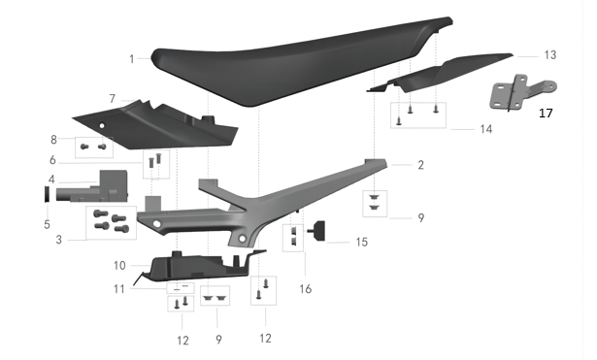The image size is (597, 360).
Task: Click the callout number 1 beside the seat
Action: point(131,59)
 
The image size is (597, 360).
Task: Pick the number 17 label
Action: point(546,114)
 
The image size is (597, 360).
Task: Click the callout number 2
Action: point(420,166)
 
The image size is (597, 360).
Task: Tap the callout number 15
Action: point(361,241)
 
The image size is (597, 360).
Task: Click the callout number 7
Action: point(113,99)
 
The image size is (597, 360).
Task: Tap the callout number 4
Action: point(50,180)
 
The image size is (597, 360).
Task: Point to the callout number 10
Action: point(119,265)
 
